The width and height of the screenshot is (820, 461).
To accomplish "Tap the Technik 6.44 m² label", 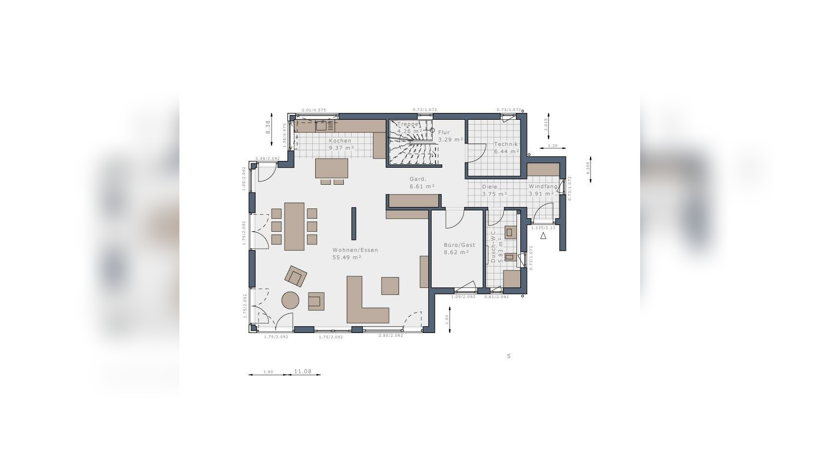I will click(506, 148).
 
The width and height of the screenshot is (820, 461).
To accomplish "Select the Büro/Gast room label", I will click(459, 249).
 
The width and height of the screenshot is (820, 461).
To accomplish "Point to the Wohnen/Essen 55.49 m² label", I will click(355, 254).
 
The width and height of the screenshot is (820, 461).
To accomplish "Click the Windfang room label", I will click(542, 190).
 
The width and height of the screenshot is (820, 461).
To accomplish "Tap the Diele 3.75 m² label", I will click(494, 190).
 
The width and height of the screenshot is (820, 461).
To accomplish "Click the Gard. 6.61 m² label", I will click(421, 182).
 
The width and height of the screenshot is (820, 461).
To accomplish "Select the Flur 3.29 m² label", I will click(450, 136).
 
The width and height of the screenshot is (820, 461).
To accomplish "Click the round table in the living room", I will click(291, 300).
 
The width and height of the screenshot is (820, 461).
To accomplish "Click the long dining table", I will click(294, 226).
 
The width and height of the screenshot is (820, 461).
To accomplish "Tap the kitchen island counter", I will click(332, 168).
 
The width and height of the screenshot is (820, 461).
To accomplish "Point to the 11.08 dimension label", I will click(303, 371).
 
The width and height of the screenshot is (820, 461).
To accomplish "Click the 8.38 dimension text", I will click(267, 128).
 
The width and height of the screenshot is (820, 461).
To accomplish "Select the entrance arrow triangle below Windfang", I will click(544, 236).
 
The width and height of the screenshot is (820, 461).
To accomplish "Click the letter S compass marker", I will click(509, 356).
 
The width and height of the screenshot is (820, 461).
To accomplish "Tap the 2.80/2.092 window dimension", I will click(390, 336).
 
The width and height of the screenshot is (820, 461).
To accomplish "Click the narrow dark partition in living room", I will click(354, 223).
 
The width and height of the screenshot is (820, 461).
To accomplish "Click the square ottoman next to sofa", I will click(390, 286).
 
